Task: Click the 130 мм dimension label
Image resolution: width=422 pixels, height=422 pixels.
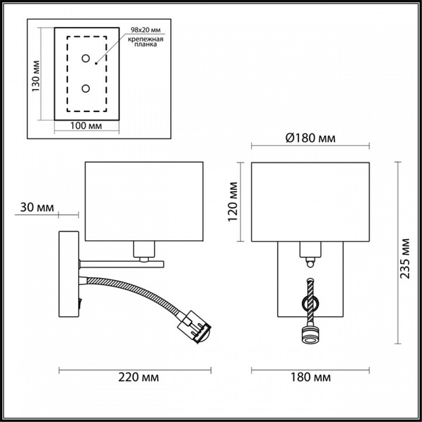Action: click(x=36, y=77)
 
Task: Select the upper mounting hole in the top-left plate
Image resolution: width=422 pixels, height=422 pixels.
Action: click(x=86, y=59)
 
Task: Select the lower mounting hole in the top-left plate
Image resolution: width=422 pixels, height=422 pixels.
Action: click(x=86, y=89)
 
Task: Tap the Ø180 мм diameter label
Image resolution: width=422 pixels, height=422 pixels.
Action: click(x=310, y=138)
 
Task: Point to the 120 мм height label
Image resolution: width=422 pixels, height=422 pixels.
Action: click(x=233, y=201)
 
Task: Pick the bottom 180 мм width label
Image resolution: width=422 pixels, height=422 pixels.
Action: click(x=310, y=377)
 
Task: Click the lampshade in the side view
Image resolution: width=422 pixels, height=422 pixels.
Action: click(x=144, y=200)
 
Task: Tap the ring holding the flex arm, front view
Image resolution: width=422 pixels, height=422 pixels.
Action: click(x=309, y=302)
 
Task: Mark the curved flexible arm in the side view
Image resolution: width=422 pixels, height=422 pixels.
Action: click(x=147, y=290)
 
